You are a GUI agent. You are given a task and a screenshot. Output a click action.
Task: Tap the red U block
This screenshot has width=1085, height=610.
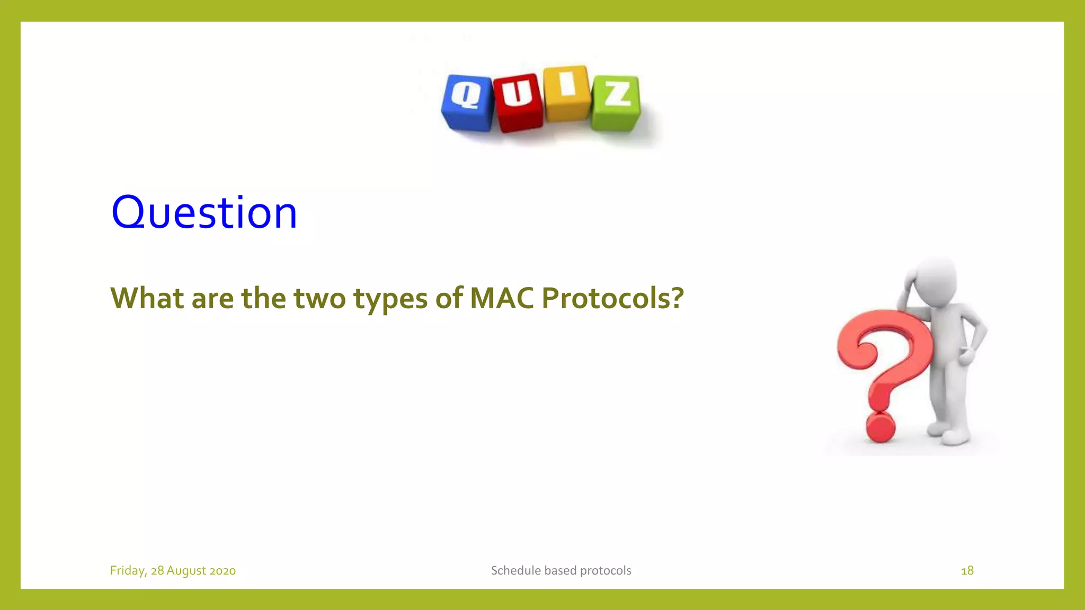coord(518,103)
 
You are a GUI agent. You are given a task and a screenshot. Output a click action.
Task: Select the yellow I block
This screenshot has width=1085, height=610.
coord(567,94)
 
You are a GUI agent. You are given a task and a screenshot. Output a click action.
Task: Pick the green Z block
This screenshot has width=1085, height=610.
coord(616,103)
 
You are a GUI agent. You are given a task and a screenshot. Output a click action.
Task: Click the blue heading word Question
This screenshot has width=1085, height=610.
coord(204,212)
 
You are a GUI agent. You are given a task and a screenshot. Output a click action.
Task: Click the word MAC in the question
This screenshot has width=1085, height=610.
coord(502,298)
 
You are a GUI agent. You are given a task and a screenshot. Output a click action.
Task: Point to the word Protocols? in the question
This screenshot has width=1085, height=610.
coord(612,298)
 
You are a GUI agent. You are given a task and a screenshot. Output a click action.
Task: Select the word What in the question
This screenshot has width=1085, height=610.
coord(147,298)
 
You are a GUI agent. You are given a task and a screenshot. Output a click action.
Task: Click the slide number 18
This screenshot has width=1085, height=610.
coord(967,570)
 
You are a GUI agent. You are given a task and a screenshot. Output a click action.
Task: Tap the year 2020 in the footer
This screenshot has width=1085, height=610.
coord(223,570)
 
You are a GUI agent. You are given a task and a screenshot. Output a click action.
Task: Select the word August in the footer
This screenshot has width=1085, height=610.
coord(186,570)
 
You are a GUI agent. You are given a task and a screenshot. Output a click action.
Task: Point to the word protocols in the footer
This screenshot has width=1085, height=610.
coord(606,570)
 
